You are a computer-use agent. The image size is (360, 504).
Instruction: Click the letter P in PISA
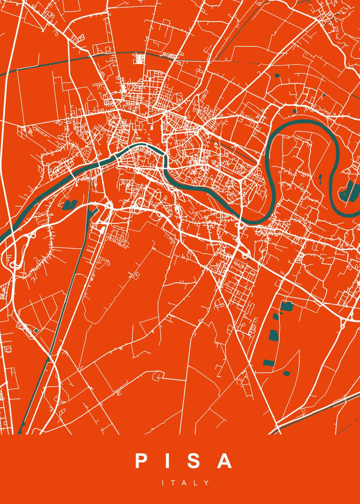pos(141,461)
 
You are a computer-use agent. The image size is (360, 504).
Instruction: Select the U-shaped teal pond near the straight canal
pos(67,205)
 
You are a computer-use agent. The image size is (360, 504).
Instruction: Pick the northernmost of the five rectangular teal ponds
pos(287,306)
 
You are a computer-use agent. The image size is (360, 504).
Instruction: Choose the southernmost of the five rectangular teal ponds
pos(286,373)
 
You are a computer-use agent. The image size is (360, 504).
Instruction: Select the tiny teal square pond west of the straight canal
pos(37,331)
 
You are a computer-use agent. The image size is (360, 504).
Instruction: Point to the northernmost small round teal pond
pos(277,76)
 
